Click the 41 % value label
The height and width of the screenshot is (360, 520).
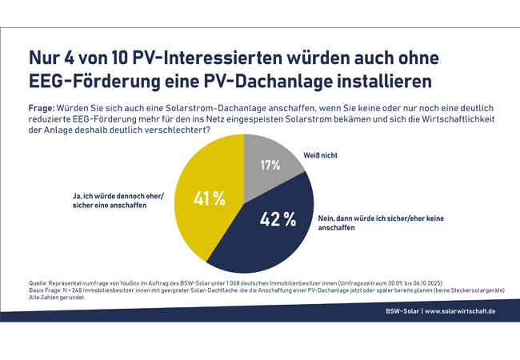click(210, 198)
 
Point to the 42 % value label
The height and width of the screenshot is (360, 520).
click(278, 218)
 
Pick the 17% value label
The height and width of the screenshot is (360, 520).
click(270, 166)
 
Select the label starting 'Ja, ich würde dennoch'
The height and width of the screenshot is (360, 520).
click(111, 197)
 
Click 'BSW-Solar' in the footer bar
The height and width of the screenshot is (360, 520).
click(402, 310)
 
